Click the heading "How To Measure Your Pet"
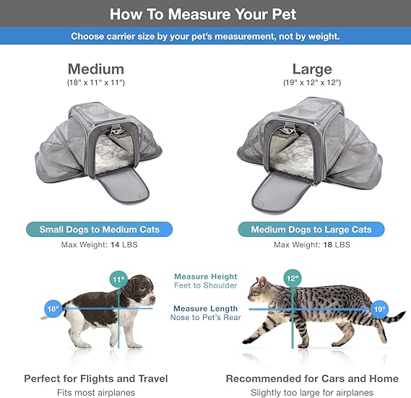(x=205, y=14)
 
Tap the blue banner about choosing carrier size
(x=205, y=36)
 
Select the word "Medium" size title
(x=96, y=69)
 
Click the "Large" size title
(x=311, y=69)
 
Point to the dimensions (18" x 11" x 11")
(x=96, y=84)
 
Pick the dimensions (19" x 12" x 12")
(x=311, y=84)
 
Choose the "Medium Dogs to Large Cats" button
(x=311, y=230)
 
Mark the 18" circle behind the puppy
(x=53, y=308)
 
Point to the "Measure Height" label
(x=206, y=277)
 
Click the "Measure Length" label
(x=206, y=308)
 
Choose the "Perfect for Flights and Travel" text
(x=96, y=378)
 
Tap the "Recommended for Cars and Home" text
(x=312, y=378)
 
